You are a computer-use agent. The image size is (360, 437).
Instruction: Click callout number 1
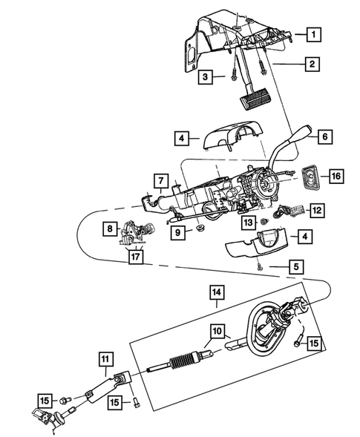point(315,34)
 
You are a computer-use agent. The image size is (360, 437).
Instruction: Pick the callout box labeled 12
point(315,211)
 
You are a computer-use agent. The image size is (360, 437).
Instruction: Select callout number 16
point(336,176)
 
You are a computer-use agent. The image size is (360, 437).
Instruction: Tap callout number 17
point(134,257)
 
